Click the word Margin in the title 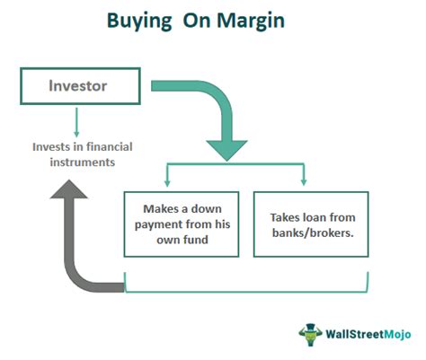point(259,20)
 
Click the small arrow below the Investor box point(78,133)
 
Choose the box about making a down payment point(182,224)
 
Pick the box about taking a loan point(310,224)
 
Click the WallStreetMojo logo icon point(312,334)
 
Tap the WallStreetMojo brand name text point(369,335)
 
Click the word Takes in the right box point(284,216)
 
